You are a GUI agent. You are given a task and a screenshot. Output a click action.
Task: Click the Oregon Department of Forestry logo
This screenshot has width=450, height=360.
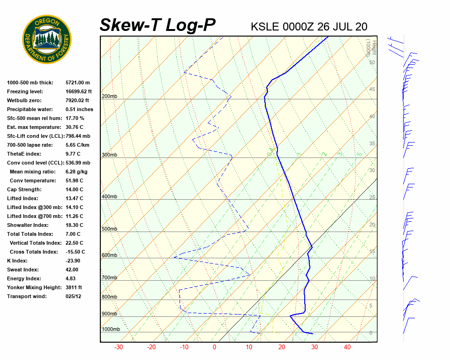tap(47, 39)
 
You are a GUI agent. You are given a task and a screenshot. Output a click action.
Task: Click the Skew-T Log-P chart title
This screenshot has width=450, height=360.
tap(157, 25)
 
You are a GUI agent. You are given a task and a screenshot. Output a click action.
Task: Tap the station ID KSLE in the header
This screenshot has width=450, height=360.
tap(265, 27)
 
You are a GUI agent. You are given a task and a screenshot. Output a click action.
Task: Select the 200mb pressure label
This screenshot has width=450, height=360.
tap(109, 97)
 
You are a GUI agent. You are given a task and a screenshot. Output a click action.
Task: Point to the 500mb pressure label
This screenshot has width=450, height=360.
tap(109, 229)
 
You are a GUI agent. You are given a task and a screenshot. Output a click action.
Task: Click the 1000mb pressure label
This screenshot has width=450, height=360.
tap(111, 330)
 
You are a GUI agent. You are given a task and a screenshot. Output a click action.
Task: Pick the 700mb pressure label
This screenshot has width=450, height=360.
tap(109, 278)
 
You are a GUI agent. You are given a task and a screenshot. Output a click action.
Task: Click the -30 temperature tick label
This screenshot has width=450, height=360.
tap(119, 347)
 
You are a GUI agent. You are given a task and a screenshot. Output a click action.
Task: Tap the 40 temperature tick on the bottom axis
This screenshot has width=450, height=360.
tap(347, 347)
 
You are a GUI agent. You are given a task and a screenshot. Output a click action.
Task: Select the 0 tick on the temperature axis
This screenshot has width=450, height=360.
tap(215, 347)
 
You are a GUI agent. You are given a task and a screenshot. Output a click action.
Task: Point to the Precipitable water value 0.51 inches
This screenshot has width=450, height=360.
tap(79, 109)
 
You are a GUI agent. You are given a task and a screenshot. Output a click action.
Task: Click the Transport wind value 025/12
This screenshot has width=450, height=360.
tap(74, 296)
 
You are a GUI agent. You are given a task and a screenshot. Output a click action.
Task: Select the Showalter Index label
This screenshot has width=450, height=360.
tap(27, 225)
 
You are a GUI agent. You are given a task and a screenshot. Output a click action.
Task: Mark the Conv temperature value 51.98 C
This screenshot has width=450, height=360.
tap(74, 180)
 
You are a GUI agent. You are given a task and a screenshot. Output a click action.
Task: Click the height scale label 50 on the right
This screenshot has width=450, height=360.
tap(372, 62)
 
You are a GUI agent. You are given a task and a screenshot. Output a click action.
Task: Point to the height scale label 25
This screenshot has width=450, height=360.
tap(372, 197)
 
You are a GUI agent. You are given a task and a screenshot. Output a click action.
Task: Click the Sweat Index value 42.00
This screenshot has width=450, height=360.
tap(72, 270)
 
